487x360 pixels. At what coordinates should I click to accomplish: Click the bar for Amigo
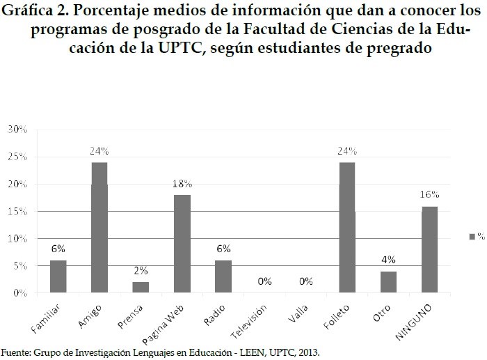99,228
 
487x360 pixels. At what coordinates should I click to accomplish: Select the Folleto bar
346,228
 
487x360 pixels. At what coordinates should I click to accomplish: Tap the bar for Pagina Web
182,244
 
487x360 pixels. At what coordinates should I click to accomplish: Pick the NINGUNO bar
429,249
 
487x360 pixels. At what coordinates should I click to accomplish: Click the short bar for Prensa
141,288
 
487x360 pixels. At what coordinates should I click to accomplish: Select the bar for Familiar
58,276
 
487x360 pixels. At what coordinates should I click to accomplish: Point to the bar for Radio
223,276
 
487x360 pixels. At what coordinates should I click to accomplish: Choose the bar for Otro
388,282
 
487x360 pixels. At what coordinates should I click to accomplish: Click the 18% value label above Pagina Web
182,183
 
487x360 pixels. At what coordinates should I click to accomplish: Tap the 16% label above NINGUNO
429,194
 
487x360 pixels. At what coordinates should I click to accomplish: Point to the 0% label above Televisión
264,281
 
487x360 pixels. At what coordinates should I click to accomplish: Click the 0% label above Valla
305,281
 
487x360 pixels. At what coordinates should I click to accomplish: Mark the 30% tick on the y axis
16,130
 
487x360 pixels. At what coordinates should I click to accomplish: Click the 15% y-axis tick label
16,211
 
